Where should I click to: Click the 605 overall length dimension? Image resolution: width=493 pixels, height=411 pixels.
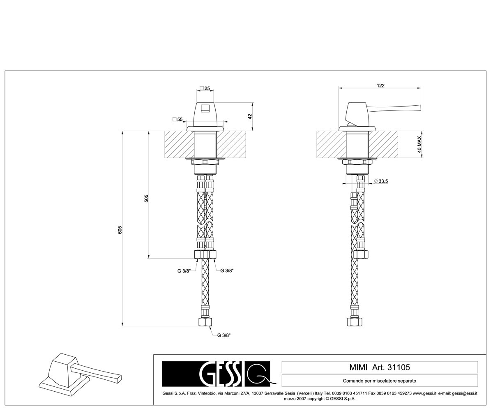120,230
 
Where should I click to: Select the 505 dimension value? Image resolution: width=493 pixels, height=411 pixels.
146,198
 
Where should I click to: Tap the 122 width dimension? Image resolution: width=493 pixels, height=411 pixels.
380,85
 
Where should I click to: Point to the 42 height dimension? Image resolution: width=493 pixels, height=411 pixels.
250,116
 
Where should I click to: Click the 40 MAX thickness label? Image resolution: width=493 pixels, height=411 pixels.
419,144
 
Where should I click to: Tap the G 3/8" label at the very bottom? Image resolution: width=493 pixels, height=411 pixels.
224,335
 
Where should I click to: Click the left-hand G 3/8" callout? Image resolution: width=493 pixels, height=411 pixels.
184,271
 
